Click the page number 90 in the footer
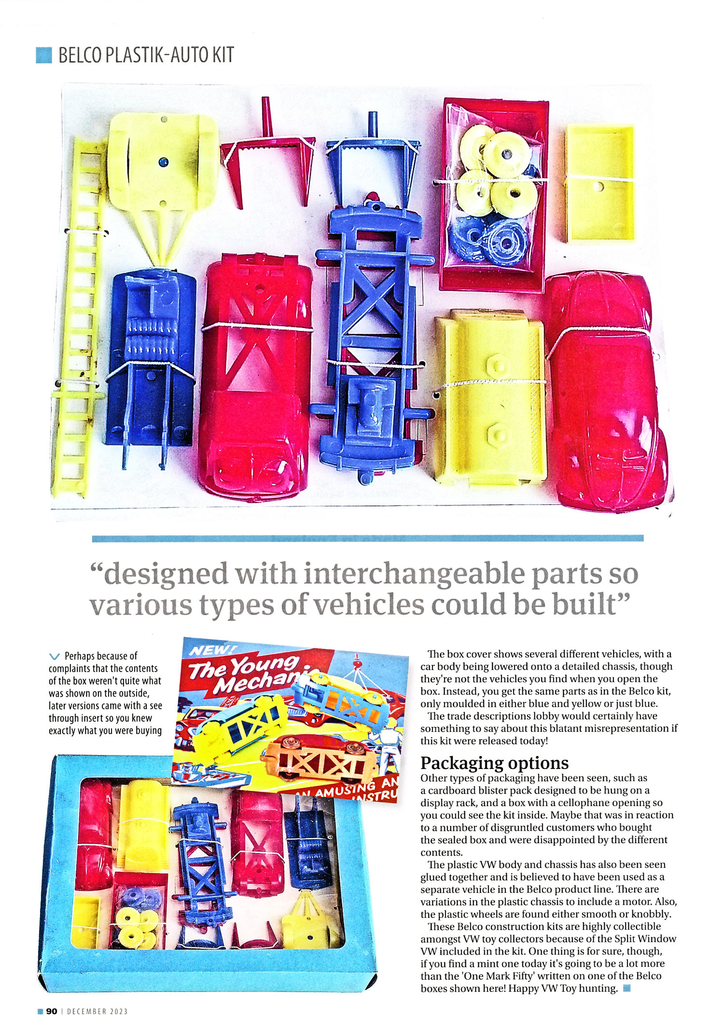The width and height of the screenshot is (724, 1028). [52, 1011]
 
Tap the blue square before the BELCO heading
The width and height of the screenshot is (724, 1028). [43, 55]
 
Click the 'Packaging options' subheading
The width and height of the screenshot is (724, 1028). [494, 763]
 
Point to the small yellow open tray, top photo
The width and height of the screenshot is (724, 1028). [599, 183]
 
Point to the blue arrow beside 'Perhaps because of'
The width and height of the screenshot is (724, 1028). [55, 657]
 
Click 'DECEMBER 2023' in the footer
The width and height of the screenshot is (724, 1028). [97, 1012]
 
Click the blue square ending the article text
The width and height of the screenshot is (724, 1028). [627, 988]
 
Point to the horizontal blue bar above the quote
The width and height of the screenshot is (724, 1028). [367, 538]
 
